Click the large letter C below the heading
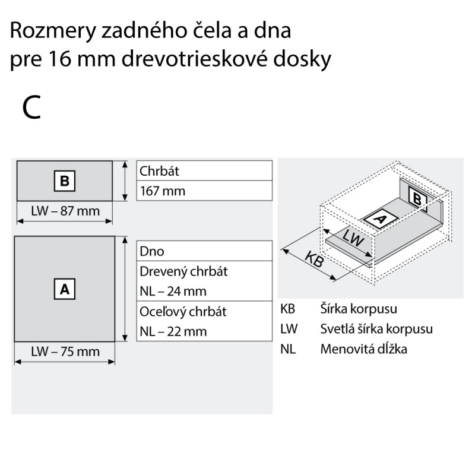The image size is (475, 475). [x=31, y=107]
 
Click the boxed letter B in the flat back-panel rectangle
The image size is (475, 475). [x=65, y=181]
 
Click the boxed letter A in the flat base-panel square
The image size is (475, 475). [x=65, y=289]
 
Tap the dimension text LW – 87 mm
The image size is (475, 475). [x=65, y=211]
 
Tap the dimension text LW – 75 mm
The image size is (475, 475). [x=65, y=351]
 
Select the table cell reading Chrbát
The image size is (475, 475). [x=204, y=170]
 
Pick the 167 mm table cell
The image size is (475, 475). [x=204, y=191]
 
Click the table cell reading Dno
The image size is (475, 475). [x=204, y=251]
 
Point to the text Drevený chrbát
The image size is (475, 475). [x=183, y=271]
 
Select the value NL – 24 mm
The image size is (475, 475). [x=173, y=291]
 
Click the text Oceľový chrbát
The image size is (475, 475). [x=183, y=312]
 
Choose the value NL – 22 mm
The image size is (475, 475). [x=173, y=331]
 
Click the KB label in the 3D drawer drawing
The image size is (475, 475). [x=314, y=259]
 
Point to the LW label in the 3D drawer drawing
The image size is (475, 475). [x=353, y=238]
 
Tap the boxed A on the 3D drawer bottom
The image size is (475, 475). [x=379, y=218]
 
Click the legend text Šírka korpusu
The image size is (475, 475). [x=359, y=309]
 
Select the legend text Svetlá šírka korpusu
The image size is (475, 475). [x=376, y=329]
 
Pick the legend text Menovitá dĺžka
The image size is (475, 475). [x=363, y=349]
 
